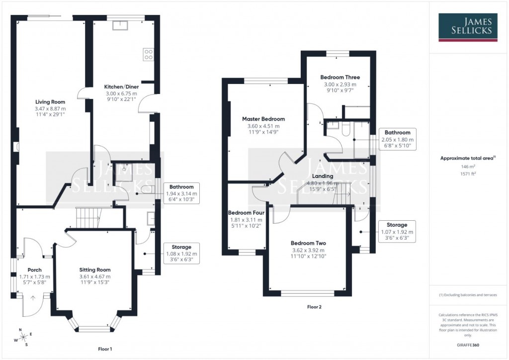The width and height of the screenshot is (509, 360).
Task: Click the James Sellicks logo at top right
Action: point(467,27)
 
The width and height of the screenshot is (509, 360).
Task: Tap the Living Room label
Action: point(40,101)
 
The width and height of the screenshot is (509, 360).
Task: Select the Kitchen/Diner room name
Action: point(122,87)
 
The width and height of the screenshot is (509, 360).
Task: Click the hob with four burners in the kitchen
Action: point(148,54)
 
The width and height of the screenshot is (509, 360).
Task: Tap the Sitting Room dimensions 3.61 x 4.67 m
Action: point(95,276)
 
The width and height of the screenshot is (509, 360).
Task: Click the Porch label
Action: point(34,270)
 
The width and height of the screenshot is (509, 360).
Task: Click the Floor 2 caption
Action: point(314,307)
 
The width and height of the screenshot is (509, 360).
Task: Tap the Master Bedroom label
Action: point(263,119)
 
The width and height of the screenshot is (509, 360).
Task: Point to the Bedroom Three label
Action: point(340,78)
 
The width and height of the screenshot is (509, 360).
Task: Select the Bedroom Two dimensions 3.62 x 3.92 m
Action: point(308,250)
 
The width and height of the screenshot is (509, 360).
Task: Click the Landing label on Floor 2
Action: point(322,176)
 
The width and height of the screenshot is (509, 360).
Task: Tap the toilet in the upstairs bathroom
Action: point(346,129)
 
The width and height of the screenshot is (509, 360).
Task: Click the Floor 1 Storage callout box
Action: point(181,253)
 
